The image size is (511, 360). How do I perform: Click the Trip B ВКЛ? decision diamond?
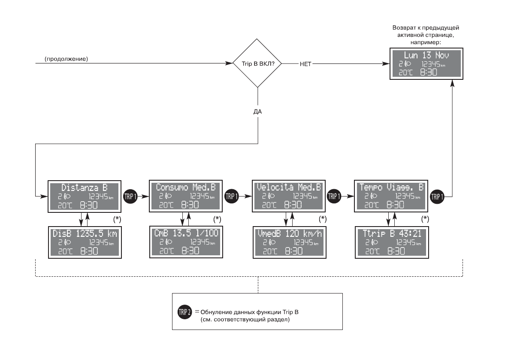pos(258,64)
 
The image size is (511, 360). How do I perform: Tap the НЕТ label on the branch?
pos(305,64)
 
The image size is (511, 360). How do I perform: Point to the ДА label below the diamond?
pos(258,111)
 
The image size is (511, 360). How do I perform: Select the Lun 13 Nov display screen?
pos(426,64)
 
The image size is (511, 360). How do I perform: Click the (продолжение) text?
pos(66,58)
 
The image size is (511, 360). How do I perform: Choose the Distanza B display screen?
pos(84,196)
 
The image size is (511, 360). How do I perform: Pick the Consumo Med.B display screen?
pos(186,196)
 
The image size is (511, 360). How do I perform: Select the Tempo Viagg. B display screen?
pos(391,196)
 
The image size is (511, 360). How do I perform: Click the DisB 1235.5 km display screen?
pos(84,242)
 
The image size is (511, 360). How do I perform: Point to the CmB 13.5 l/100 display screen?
pos(186,242)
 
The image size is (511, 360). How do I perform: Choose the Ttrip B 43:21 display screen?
pos(391,242)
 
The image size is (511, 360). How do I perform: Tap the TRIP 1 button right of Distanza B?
pos(130,196)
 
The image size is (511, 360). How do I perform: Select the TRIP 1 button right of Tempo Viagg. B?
pos(437,196)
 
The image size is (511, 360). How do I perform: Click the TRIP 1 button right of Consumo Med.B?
pos(232,196)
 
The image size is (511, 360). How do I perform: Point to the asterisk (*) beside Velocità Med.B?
pos(323,219)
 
